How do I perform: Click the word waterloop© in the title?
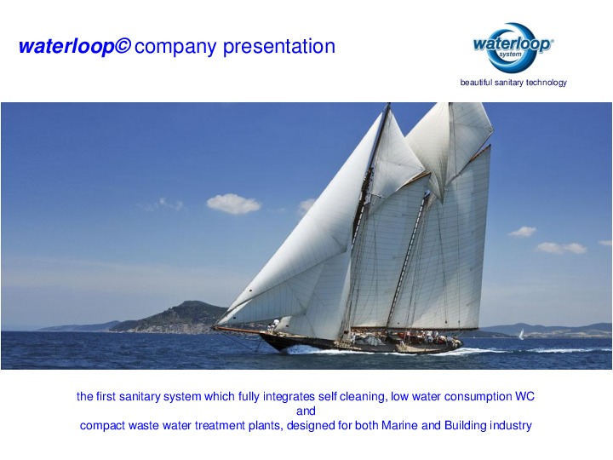(x=74, y=48)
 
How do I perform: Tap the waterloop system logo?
(x=513, y=46)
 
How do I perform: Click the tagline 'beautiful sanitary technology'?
(x=513, y=83)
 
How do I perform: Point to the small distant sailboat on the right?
(x=521, y=334)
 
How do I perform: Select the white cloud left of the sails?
(x=232, y=204)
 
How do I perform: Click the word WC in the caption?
(x=525, y=397)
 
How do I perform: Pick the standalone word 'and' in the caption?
(x=306, y=411)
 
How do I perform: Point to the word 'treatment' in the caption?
(x=215, y=426)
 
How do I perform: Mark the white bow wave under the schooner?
(x=298, y=349)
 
